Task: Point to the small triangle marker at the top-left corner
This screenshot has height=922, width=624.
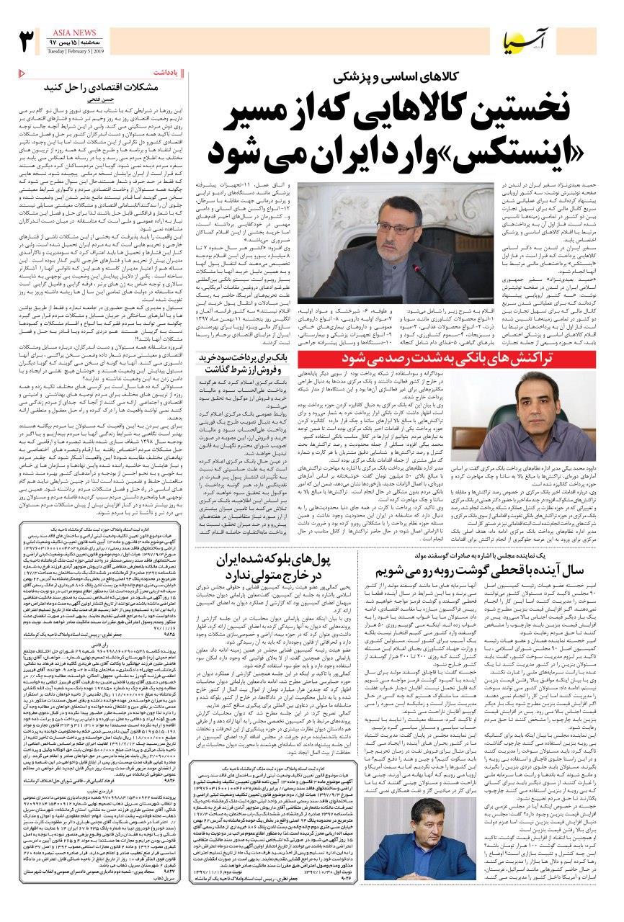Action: (20, 73)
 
